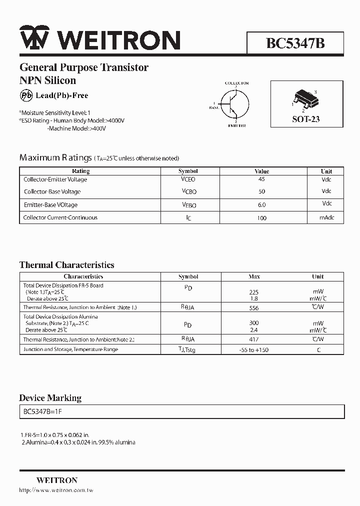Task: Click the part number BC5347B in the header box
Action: [295, 43]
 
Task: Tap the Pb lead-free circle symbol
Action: [26, 95]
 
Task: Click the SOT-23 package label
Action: [305, 119]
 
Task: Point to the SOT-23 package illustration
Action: [304, 99]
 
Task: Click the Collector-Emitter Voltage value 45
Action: [261, 179]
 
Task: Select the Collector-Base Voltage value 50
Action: [261, 191]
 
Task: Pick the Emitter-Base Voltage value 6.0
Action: [261, 204]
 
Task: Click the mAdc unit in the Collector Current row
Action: [326, 217]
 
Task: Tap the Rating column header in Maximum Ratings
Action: [81, 171]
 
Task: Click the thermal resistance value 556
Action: [253, 308]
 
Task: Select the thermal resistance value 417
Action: [253, 339]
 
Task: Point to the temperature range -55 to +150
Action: [253, 349]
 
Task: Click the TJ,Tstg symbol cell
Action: [188, 349]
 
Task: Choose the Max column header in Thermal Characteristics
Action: [254, 276]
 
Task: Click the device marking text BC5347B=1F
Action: [42, 411]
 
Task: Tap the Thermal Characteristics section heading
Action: [66, 265]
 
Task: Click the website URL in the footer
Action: [56, 490]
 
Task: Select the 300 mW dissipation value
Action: [253, 323]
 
